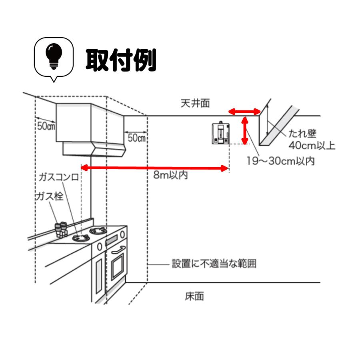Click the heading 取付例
click(x=121, y=60)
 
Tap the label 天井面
click(x=195, y=104)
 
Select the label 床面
click(x=194, y=296)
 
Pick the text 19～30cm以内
click(x=280, y=161)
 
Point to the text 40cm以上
click(x=312, y=145)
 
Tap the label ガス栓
click(x=49, y=197)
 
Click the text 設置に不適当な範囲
click(x=214, y=264)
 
